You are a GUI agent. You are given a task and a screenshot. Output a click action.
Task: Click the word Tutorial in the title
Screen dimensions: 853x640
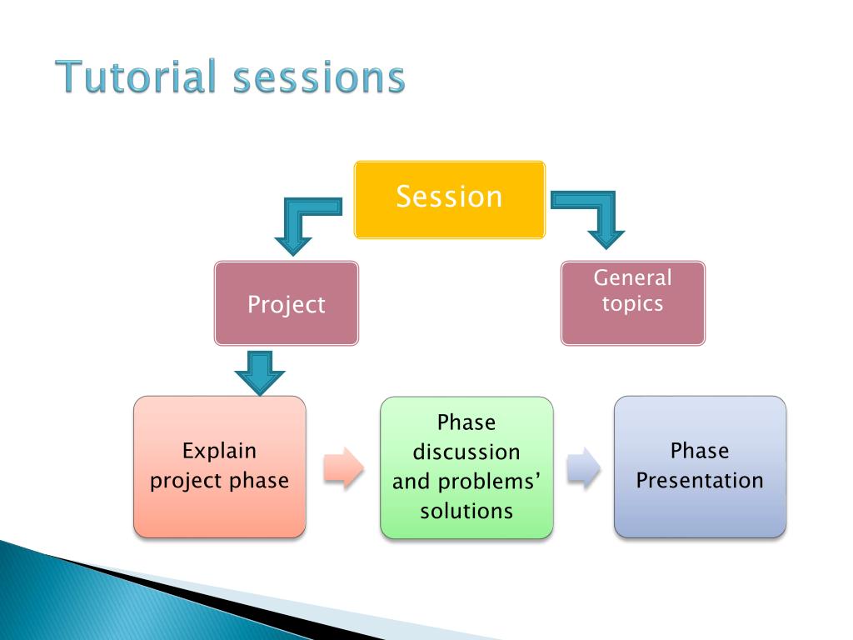136,76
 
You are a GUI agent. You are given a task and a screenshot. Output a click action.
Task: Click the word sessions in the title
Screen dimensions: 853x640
319,77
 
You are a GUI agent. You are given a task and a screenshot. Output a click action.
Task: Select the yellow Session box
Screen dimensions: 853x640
449,199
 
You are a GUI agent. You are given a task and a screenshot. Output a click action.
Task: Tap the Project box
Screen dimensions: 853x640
287,303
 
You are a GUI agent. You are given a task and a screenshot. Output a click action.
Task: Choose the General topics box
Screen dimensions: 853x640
633,303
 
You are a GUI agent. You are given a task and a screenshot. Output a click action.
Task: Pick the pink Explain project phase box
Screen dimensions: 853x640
220,467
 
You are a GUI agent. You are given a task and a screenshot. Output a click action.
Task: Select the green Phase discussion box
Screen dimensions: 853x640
466,467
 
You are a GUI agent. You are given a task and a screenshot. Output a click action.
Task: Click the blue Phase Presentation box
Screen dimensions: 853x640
700,467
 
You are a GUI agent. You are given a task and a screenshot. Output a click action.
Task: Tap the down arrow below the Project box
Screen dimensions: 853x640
260,372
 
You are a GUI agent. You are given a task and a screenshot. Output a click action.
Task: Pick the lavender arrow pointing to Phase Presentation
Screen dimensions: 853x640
583,468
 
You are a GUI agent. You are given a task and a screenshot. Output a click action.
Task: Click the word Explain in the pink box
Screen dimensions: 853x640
219,451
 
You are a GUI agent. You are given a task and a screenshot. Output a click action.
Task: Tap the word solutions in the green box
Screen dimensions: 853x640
466,511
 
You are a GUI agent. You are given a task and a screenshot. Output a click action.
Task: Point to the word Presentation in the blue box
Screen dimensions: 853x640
700,481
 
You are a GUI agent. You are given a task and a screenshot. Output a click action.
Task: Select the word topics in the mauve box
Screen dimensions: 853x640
633,303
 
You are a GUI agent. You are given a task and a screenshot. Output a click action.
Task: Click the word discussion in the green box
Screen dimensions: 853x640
466,452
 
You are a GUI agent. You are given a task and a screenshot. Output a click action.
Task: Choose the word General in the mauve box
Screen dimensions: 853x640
633,277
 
